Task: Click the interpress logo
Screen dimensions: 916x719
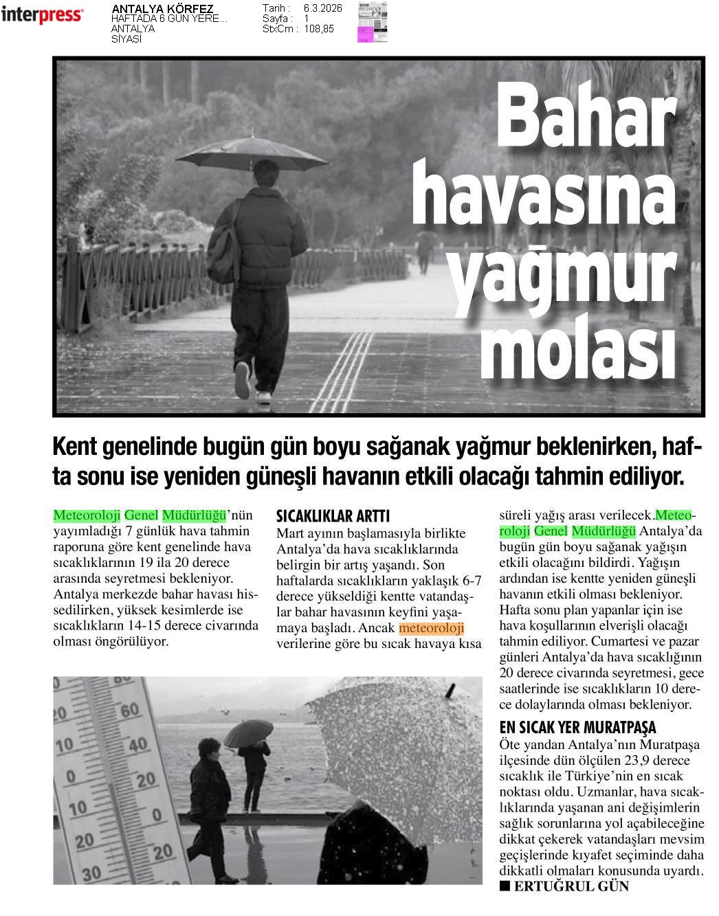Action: pyautogui.click(x=42, y=14)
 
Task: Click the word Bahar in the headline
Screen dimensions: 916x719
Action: pyautogui.click(x=585, y=117)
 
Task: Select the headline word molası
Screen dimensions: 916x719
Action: pyautogui.click(x=577, y=350)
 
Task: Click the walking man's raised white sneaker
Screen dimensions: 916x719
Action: pyautogui.click(x=242, y=380)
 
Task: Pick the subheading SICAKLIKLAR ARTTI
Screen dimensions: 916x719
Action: pyautogui.click(x=333, y=516)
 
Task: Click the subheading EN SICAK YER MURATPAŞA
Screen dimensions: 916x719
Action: pyautogui.click(x=577, y=727)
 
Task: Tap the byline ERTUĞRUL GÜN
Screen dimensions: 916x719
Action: pyautogui.click(x=571, y=886)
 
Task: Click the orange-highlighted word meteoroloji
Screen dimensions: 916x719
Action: pyautogui.click(x=431, y=628)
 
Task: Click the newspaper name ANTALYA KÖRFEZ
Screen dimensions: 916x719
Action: pyautogui.click(x=162, y=9)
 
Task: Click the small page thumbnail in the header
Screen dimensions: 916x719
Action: pyautogui.click(x=372, y=22)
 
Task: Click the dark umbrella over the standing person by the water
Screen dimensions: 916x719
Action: pyautogui.click(x=248, y=732)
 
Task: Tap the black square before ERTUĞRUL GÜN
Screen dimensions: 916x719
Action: pyautogui.click(x=505, y=886)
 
